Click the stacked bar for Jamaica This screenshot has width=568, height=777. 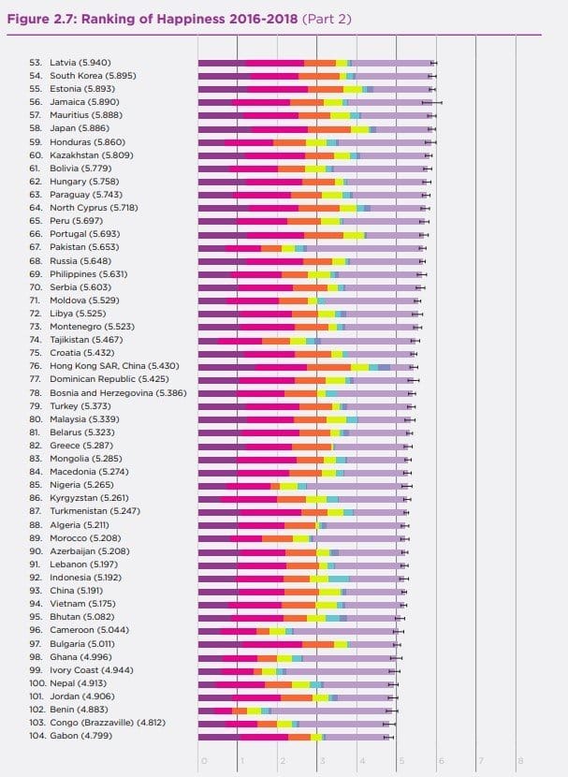[313, 101]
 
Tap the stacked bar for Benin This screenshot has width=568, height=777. [295, 711]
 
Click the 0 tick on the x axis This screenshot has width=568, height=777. [202, 760]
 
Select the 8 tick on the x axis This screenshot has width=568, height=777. [518, 760]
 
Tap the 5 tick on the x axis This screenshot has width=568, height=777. [400, 760]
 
